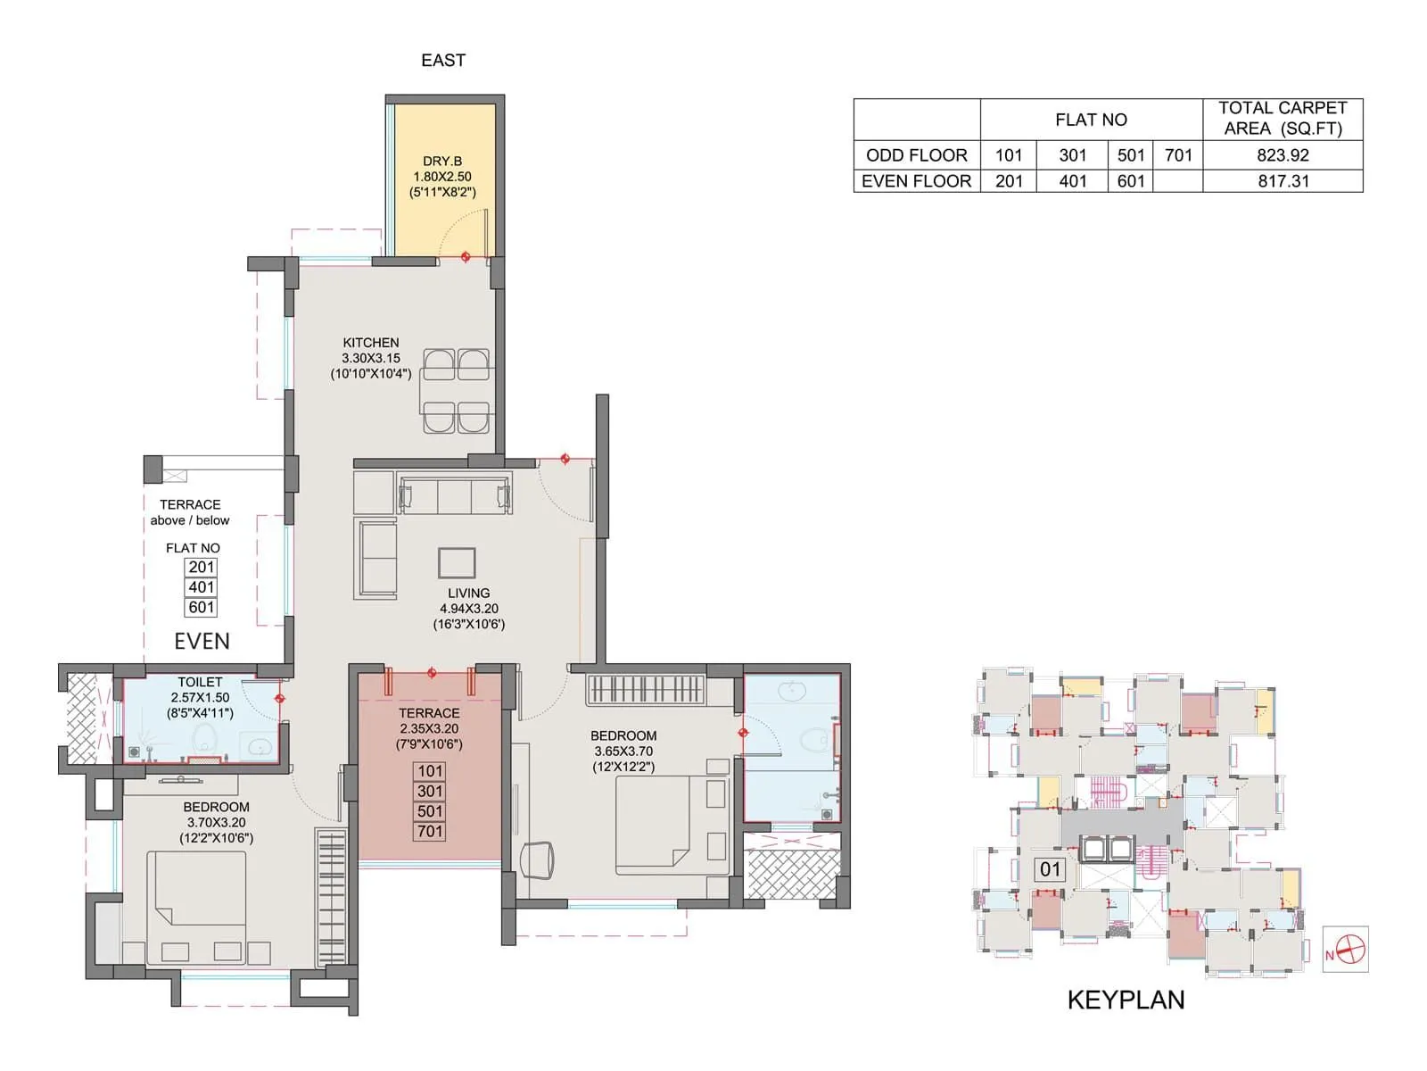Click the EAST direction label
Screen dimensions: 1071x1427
point(443,61)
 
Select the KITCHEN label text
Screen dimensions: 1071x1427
point(371,343)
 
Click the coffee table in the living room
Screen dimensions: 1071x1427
point(457,563)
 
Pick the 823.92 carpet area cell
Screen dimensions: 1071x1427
point(1283,155)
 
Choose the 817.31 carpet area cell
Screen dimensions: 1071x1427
point(1283,181)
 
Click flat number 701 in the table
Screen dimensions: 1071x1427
point(1178,155)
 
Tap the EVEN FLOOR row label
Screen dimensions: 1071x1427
point(916,181)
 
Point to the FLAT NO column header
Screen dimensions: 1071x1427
point(1091,120)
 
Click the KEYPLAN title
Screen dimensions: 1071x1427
point(1126,1000)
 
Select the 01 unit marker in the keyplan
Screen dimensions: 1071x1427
point(1050,869)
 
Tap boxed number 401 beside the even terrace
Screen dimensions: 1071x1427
point(202,587)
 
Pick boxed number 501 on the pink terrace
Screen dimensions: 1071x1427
point(430,811)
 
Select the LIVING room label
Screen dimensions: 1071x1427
point(468,594)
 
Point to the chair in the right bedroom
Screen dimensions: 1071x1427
point(537,859)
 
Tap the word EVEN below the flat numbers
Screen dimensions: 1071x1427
point(202,642)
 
